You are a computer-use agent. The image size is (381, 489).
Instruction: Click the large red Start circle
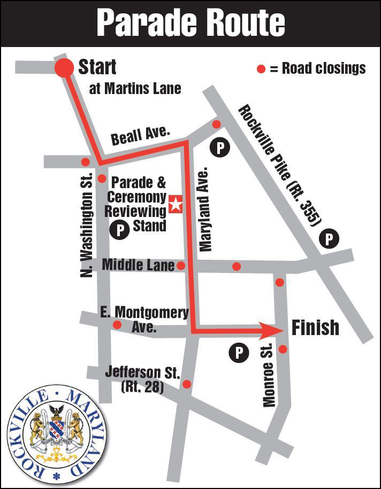[65, 68]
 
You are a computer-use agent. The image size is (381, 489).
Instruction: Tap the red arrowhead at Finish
[272, 329]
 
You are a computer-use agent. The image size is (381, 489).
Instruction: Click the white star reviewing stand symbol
[176, 204]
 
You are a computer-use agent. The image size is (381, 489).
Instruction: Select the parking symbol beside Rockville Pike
[329, 239]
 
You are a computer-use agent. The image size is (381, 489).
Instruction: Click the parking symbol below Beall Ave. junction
[219, 148]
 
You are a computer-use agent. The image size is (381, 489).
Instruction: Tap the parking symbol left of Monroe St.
[239, 352]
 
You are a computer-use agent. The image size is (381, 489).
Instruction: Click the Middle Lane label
[138, 265]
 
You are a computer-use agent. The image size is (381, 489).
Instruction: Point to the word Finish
[315, 327]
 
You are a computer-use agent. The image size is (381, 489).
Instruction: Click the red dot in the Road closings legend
[261, 68]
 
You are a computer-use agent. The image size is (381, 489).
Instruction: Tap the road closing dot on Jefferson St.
[187, 384]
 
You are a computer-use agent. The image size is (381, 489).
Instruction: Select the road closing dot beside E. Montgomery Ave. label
[117, 324]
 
